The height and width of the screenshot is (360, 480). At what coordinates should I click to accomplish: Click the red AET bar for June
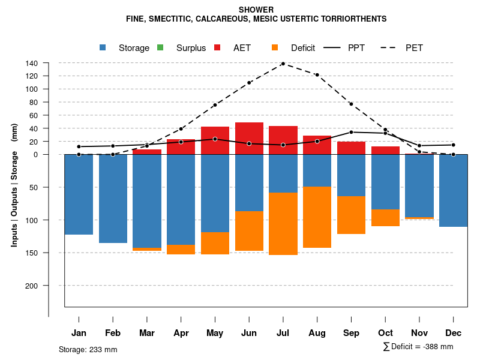[249, 139]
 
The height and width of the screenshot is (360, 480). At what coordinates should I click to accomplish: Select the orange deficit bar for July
[283, 224]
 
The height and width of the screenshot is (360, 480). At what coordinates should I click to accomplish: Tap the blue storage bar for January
[79, 194]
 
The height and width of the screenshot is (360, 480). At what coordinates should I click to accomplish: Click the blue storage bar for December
[453, 191]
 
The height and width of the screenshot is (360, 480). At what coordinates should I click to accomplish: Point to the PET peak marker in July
[283, 64]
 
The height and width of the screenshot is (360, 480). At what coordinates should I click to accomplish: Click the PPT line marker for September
[351, 132]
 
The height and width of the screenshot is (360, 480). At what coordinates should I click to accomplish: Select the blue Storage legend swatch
[103, 47]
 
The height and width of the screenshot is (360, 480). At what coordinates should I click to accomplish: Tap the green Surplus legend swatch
[160, 47]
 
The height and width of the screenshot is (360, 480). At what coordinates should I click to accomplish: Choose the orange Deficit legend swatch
[275, 47]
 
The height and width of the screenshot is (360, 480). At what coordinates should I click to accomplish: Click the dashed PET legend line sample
[391, 47]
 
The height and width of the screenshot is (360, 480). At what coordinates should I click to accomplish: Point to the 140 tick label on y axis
[32, 63]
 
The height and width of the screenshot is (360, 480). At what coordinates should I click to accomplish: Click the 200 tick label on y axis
[32, 286]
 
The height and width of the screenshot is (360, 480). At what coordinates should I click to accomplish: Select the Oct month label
[385, 333]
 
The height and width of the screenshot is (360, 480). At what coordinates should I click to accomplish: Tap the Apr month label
[181, 333]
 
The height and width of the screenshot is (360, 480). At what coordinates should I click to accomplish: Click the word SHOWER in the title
[256, 10]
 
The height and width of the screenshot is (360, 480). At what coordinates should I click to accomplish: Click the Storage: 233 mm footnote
[88, 349]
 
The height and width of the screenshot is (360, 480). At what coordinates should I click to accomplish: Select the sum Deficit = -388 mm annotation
[418, 347]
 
